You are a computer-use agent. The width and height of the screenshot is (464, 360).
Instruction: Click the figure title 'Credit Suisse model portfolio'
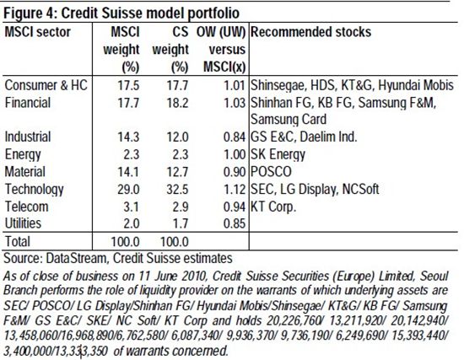(x=150, y=13)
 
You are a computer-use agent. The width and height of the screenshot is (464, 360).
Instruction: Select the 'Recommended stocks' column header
(x=310, y=32)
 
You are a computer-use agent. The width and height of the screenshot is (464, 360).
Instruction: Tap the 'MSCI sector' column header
(x=38, y=32)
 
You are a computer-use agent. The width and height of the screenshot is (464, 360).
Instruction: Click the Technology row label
(x=35, y=190)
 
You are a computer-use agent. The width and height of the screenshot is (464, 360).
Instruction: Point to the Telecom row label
(x=27, y=207)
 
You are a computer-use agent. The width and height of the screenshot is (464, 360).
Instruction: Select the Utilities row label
(x=23, y=223)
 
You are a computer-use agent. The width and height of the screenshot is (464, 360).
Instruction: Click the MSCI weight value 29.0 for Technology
(x=128, y=190)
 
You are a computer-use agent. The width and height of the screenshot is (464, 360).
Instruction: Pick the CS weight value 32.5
(x=177, y=190)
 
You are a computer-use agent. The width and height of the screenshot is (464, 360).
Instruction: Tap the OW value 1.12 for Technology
(x=235, y=190)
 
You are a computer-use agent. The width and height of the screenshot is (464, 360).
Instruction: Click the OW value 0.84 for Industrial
(x=235, y=137)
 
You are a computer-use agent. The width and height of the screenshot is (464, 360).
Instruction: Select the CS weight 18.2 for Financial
(x=177, y=103)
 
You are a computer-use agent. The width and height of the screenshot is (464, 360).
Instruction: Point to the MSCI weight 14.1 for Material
(x=128, y=172)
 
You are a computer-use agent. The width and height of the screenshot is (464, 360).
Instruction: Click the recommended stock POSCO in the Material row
(x=271, y=172)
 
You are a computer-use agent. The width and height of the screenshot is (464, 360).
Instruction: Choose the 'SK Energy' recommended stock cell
(x=278, y=155)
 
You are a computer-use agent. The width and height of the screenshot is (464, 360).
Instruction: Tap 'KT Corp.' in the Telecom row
(x=273, y=207)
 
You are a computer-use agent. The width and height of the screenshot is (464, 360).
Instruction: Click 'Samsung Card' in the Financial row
(x=289, y=120)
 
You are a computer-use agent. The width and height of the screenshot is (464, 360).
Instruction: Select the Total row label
(x=18, y=241)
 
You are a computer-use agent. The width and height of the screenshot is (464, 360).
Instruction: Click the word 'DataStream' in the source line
(x=76, y=258)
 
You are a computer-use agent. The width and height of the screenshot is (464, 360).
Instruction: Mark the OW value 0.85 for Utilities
(x=235, y=223)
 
